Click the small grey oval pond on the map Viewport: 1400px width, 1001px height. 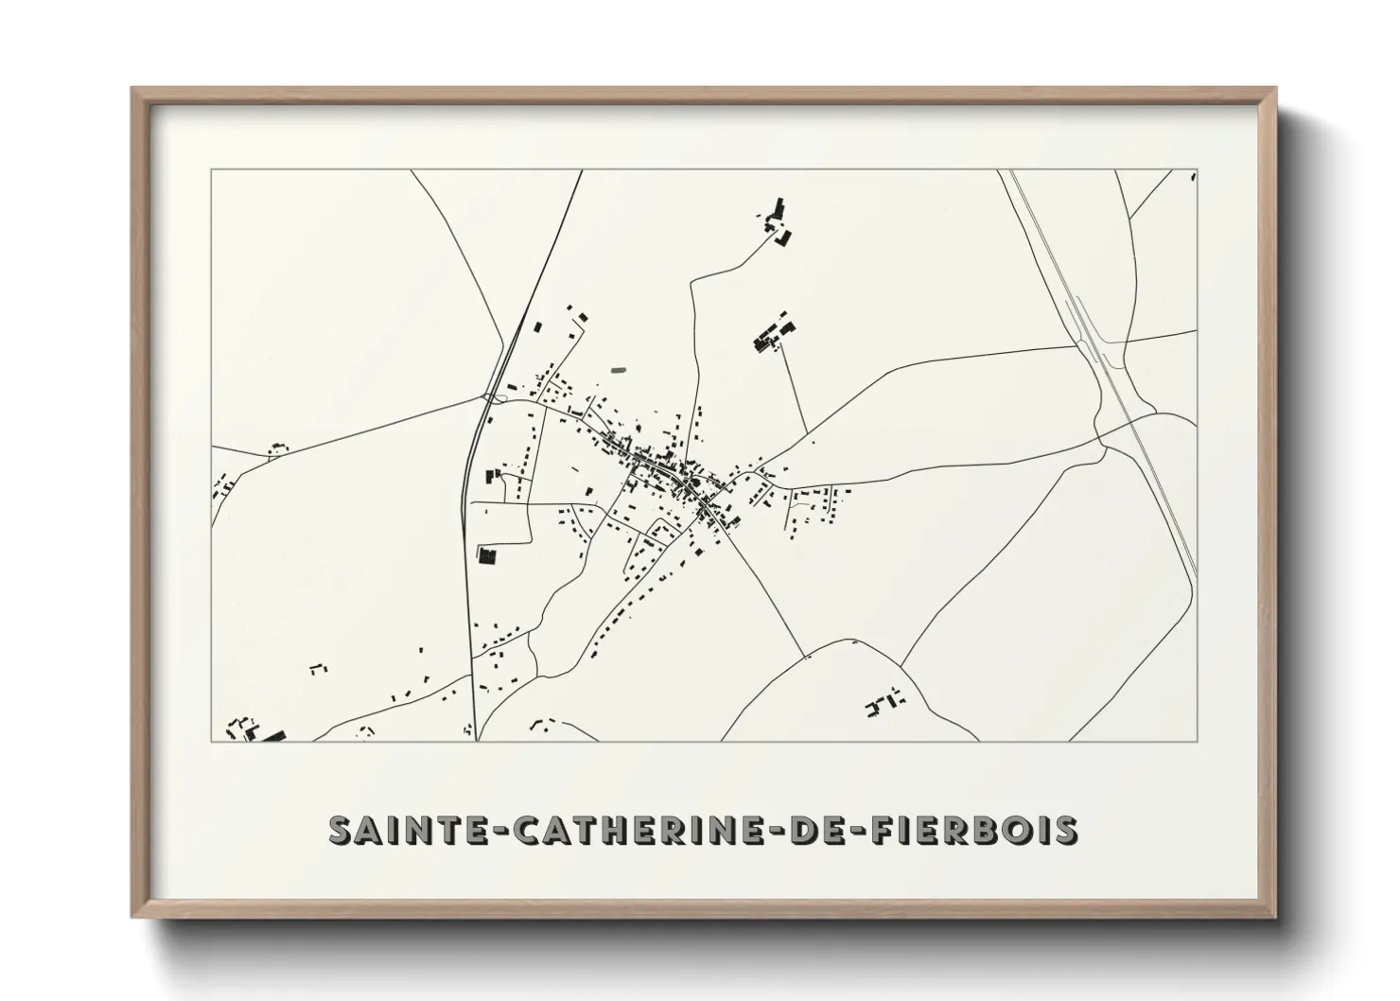click(x=619, y=369)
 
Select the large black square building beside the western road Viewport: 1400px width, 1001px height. click(x=488, y=554)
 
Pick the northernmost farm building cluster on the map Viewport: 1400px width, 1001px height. click(x=778, y=220)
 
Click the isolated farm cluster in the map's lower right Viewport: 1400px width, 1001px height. click(x=884, y=703)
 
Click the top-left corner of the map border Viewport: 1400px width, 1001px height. click(x=212, y=171)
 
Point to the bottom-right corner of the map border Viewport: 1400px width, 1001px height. click(x=1197, y=741)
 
